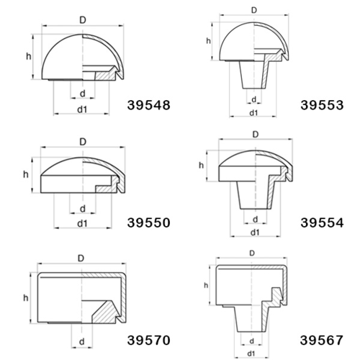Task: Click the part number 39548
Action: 149,105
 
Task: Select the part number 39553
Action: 322,105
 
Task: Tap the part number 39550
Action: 149,222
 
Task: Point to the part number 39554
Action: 322,222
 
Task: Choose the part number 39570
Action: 149,341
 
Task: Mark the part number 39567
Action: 322,341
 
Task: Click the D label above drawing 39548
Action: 83,20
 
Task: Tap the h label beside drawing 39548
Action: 29,56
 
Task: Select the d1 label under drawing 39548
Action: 82,109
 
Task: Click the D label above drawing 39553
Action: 254,10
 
